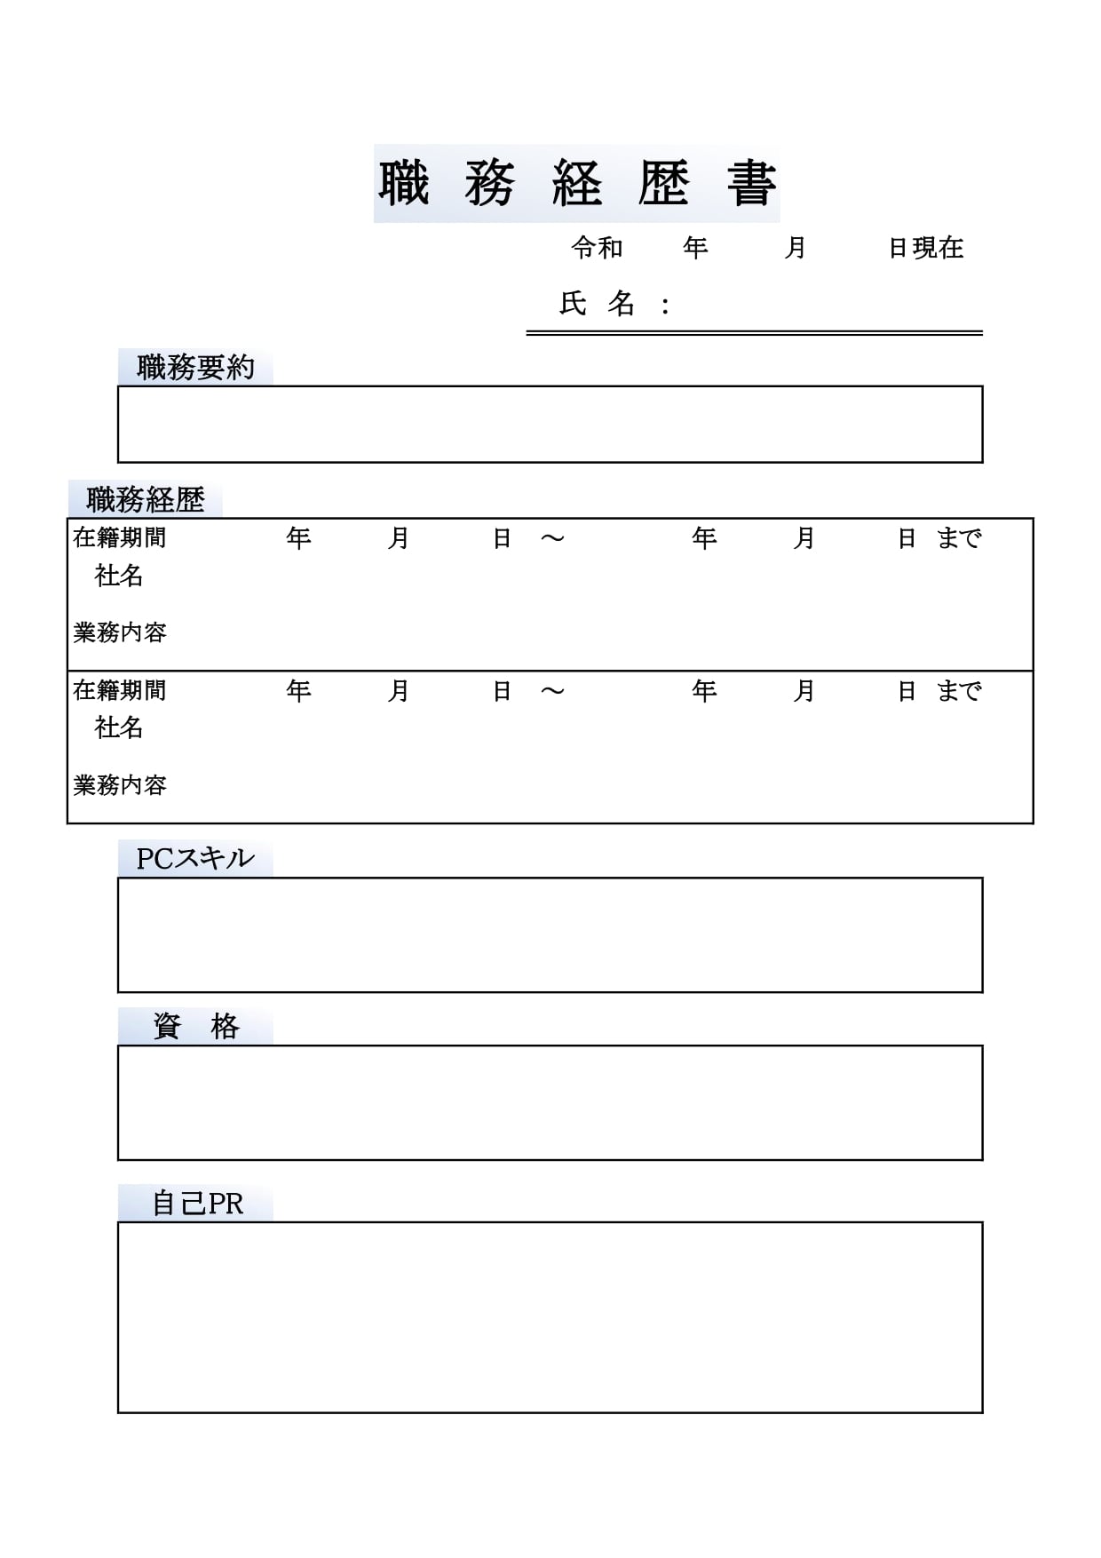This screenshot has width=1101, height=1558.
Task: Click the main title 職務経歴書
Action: pos(577,184)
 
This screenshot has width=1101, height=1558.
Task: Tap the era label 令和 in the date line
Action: pos(597,248)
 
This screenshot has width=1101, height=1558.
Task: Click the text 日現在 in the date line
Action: pos(926,248)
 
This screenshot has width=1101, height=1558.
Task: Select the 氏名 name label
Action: pos(598,305)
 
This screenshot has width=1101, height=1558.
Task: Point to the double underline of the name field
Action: pos(754,333)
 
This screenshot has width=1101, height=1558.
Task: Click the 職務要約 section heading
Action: pos(195,368)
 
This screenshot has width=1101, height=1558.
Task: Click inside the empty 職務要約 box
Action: pos(550,425)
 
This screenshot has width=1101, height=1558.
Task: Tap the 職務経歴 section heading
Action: pos(146,500)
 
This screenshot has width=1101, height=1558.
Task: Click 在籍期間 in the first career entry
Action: pos(120,538)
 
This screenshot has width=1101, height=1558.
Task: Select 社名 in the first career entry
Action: pos(119,576)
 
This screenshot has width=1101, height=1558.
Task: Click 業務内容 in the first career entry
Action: pos(120,633)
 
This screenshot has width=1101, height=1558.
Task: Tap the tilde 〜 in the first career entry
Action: pos(552,538)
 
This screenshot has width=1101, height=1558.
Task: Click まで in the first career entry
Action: pos(959,538)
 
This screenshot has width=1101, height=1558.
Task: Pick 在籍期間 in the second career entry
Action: pos(120,691)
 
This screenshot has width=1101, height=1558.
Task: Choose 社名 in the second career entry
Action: pos(119,728)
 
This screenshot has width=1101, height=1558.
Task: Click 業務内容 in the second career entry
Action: pos(120,785)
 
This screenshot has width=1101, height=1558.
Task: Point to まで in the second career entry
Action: pos(959,691)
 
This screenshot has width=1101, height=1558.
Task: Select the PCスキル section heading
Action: pos(195,859)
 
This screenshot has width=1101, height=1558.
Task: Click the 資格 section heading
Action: pos(195,1027)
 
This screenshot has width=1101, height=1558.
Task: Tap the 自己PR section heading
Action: pos(197,1204)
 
